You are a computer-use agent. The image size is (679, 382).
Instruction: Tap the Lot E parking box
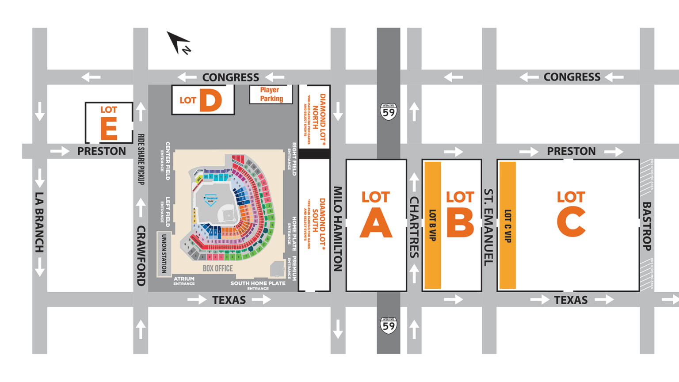tap(109, 123)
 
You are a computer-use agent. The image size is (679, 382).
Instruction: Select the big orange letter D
tap(210, 100)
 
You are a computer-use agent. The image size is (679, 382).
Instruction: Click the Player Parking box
tap(271, 94)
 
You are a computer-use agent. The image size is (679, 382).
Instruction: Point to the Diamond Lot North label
tap(319, 117)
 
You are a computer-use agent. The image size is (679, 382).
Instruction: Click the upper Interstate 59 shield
tap(389, 112)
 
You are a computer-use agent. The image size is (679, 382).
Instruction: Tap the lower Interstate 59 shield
tap(389, 325)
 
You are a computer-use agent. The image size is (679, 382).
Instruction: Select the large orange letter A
tap(376, 222)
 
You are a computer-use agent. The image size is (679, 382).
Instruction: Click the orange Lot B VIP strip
tap(433, 225)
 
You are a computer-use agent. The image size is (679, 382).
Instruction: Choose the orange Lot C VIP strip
tap(507, 225)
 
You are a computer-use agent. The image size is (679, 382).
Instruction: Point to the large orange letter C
tap(571, 222)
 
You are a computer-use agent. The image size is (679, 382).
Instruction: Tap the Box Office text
tap(217, 268)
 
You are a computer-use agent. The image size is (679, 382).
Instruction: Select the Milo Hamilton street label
tap(338, 229)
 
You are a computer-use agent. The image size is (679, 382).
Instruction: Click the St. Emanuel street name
tap(488, 227)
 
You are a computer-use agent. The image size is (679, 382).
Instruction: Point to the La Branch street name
tap(39, 222)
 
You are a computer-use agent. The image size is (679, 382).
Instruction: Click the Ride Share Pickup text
tap(141, 159)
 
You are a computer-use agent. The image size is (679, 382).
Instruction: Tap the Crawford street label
tap(141, 256)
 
